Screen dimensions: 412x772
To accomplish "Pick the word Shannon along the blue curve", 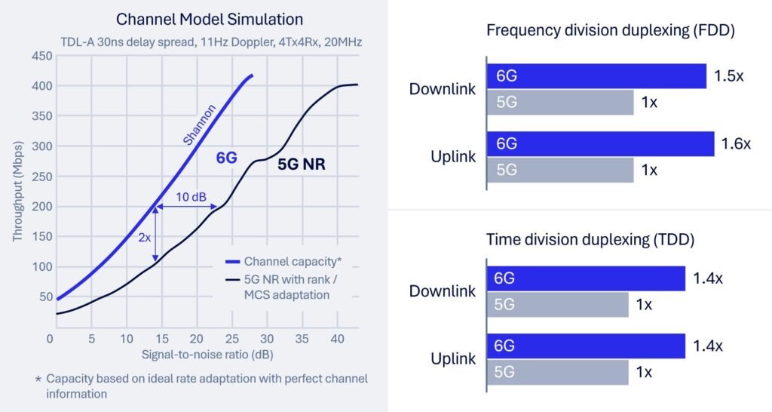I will tap(199, 125).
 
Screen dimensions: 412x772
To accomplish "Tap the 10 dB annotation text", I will tap(191, 196).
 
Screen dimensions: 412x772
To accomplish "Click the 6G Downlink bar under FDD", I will tap(596, 76).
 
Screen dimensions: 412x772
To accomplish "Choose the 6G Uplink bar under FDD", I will tap(600, 143).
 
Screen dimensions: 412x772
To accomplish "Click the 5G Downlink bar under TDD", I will tap(557, 305).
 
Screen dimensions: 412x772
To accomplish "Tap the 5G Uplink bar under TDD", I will tap(557, 372).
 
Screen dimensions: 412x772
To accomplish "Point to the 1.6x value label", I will tap(737, 143).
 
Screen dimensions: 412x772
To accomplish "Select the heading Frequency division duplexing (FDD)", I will tap(611, 31).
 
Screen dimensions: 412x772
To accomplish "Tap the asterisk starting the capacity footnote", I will tap(37, 378).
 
